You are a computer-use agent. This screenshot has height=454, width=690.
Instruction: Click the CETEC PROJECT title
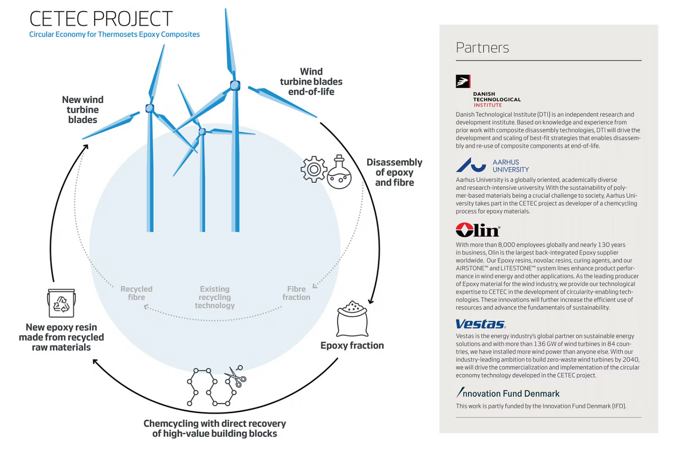pos(101,19)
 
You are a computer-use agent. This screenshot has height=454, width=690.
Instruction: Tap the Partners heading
pos(482,48)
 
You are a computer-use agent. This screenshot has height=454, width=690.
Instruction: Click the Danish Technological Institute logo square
pos(463,81)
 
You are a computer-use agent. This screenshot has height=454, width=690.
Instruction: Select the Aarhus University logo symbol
pos(471,165)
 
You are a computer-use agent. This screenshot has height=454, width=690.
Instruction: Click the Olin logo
pos(477,230)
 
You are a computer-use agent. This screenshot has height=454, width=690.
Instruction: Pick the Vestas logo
pos(480,324)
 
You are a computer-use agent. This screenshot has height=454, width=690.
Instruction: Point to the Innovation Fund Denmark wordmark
pos(508,393)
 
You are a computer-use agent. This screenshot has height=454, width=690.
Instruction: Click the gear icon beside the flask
pos(314,169)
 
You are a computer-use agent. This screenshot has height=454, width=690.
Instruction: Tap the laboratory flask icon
pos(340,173)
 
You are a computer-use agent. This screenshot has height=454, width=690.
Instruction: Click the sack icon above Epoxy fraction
pos(352,319)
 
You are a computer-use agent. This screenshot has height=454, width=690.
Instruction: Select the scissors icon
pos(236,377)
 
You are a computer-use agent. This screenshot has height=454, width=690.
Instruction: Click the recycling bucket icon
pos(61,303)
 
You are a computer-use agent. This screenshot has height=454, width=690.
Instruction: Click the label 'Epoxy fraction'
pos(352,346)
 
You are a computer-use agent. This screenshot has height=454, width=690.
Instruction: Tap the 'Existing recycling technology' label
pos(215,297)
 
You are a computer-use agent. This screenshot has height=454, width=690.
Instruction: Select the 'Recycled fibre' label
pos(136,293)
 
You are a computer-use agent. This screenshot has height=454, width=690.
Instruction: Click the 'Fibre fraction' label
pos(296,293)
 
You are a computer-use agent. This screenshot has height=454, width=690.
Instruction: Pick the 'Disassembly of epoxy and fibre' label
pos(394,172)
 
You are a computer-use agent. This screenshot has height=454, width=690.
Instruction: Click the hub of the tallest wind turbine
pos(235,86)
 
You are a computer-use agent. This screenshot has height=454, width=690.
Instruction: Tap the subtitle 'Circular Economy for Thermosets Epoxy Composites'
pos(114,35)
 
